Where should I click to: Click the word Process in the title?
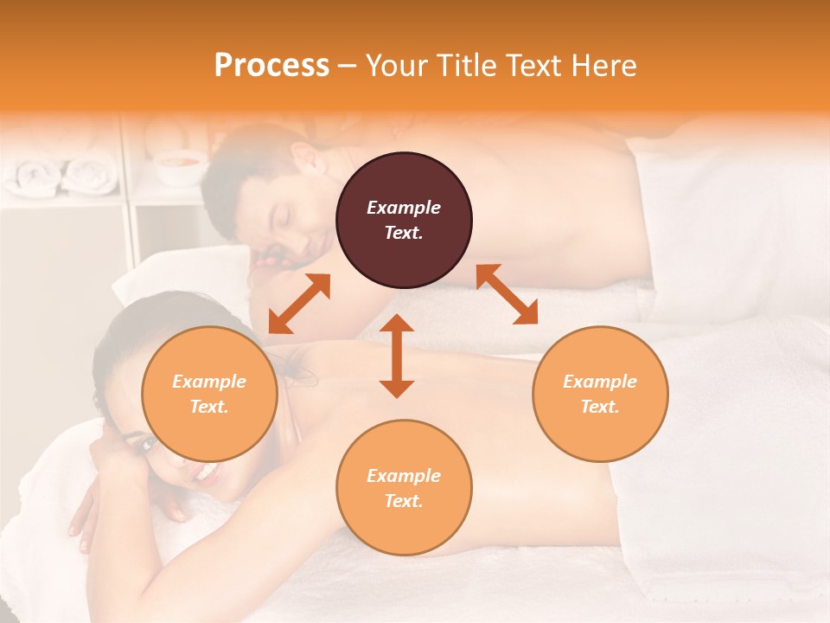(271, 66)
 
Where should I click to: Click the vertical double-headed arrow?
(397, 356)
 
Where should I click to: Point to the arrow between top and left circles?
(299, 304)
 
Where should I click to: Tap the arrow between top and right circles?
(508, 294)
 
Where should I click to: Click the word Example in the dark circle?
(404, 208)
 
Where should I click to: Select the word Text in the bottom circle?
(404, 501)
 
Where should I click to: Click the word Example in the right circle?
(600, 382)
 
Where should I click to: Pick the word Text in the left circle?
(209, 407)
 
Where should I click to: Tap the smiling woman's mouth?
(206, 472)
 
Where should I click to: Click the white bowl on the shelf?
(180, 166)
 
